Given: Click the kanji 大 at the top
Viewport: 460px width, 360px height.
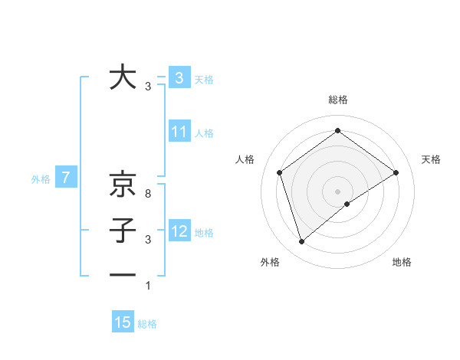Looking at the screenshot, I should click(123, 77).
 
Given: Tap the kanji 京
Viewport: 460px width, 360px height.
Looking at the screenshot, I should click(123, 184).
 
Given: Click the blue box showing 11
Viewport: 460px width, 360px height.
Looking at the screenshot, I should click(179, 132).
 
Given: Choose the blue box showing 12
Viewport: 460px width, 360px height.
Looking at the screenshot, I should click(179, 231).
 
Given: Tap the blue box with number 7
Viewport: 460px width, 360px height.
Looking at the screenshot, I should click(66, 178).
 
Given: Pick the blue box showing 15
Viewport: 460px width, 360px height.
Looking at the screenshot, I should click(123, 322).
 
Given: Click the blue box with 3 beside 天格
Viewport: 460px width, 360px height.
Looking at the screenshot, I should click(179, 78).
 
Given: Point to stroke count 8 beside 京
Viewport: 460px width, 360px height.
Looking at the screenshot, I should click(148, 195).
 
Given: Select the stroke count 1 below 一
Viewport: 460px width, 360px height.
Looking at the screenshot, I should click(148, 286).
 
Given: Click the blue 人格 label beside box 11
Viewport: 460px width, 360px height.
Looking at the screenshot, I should click(204, 133).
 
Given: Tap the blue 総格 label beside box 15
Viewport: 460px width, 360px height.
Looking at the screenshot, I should click(147, 324).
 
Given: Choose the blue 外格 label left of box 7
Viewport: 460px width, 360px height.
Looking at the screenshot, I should click(41, 179).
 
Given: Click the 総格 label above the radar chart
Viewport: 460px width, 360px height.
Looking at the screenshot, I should click(337, 100).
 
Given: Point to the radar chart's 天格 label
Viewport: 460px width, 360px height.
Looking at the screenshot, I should click(432, 159).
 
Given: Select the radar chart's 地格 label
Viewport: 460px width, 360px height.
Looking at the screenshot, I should click(402, 262).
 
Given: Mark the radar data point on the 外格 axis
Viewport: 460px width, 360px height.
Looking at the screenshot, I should click(302, 242).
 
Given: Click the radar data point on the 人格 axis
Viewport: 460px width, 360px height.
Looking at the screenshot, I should click(280, 172).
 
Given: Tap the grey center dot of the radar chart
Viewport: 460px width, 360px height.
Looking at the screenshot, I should click(337, 191).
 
